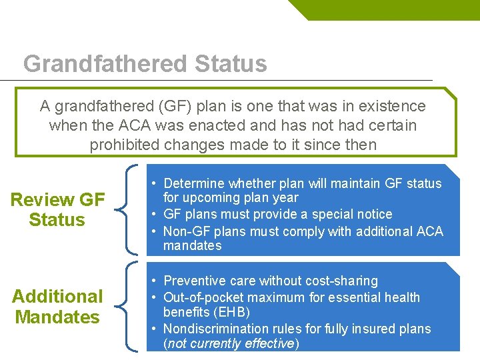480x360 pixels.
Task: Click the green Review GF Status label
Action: pos(57,209)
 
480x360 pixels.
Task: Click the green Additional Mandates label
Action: pos(57,307)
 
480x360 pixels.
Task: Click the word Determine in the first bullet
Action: pos(194,183)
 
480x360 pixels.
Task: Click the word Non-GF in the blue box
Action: pos(185,231)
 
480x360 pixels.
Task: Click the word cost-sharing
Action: pos(339,281)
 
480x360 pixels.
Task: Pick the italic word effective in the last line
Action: pos(268,343)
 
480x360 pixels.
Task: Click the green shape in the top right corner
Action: pos(387,9)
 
